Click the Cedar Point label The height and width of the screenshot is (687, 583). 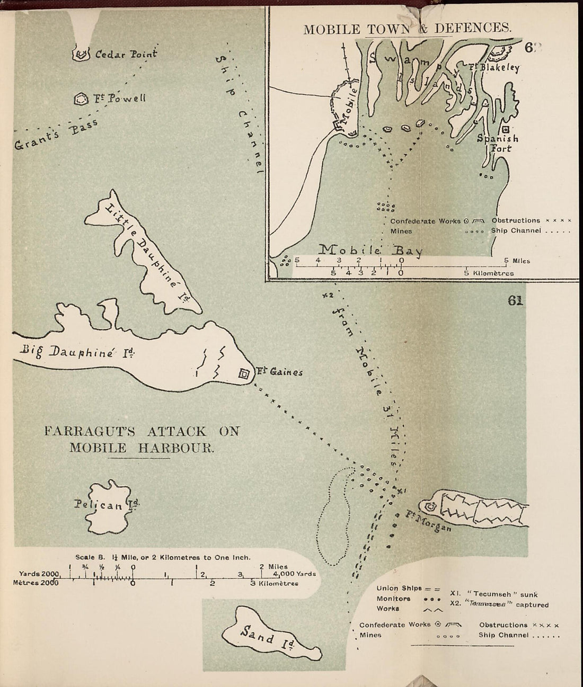[x=126, y=54]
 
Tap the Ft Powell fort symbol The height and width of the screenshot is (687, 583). [x=81, y=99]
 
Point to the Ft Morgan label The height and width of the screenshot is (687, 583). [x=429, y=521]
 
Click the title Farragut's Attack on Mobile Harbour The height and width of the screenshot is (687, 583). [x=142, y=439]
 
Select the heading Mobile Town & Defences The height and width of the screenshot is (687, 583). [x=407, y=28]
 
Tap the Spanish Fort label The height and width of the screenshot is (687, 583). [x=497, y=144]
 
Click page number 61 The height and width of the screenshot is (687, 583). [x=515, y=301]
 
